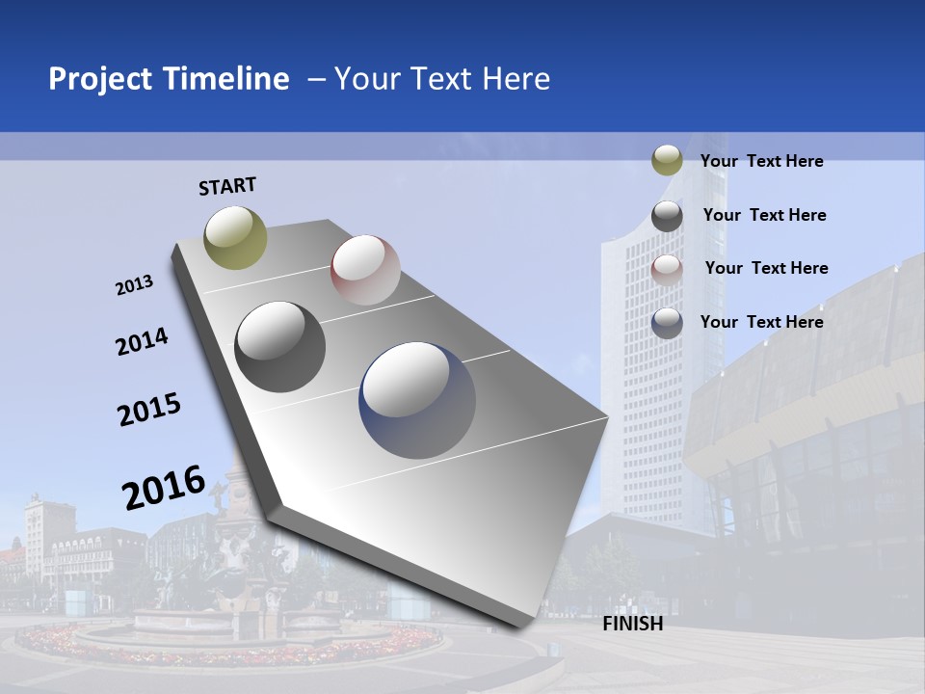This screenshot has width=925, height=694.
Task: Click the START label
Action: point(227,186)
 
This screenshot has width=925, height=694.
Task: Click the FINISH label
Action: point(632,624)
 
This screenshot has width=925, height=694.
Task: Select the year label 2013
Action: point(135,285)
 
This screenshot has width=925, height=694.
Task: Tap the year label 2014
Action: point(142,341)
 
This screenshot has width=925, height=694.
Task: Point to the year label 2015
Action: point(149,410)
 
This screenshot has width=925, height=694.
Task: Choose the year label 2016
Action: point(164,488)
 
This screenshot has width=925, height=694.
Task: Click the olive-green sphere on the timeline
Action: point(235,237)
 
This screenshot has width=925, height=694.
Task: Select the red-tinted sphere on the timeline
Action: point(365,270)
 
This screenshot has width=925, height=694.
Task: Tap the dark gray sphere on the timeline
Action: point(279,347)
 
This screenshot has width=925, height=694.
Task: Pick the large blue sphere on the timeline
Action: point(417,400)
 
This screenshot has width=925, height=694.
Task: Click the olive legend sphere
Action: point(667,161)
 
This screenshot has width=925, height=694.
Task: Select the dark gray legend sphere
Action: point(667,215)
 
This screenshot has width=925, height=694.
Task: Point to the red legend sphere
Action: point(667,269)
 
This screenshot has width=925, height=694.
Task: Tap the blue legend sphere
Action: point(667,322)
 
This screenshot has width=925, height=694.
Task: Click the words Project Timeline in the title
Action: point(169,79)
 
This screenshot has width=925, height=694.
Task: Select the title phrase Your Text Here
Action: point(442,79)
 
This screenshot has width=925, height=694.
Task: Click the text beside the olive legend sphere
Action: point(761,161)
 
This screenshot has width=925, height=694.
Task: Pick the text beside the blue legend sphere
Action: point(761,322)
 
